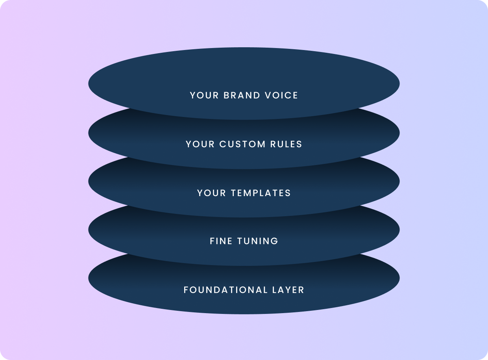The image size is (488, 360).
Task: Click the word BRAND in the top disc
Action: (242, 95)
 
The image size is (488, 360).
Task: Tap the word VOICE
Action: (281, 95)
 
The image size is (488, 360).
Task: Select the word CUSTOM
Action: (242, 144)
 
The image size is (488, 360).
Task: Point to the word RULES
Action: (286, 144)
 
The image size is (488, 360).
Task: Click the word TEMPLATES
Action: (261, 193)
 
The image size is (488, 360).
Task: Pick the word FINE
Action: (221, 241)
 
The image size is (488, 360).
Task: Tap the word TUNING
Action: (258, 241)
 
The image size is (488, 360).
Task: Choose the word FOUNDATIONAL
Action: (226, 290)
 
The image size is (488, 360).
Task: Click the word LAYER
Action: (288, 290)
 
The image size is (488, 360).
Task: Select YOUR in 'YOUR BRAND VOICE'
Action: (204, 95)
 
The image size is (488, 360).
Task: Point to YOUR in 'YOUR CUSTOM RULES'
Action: (200, 144)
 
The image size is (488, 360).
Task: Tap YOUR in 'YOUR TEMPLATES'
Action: (211, 193)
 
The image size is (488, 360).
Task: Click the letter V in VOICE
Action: (268, 95)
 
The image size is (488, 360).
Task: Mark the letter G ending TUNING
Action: (275, 241)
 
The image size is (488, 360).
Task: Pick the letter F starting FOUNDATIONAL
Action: (186, 290)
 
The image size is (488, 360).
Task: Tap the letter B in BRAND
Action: (226, 95)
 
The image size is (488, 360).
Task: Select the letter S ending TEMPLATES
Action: (288, 193)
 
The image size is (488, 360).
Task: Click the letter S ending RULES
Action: (299, 144)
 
